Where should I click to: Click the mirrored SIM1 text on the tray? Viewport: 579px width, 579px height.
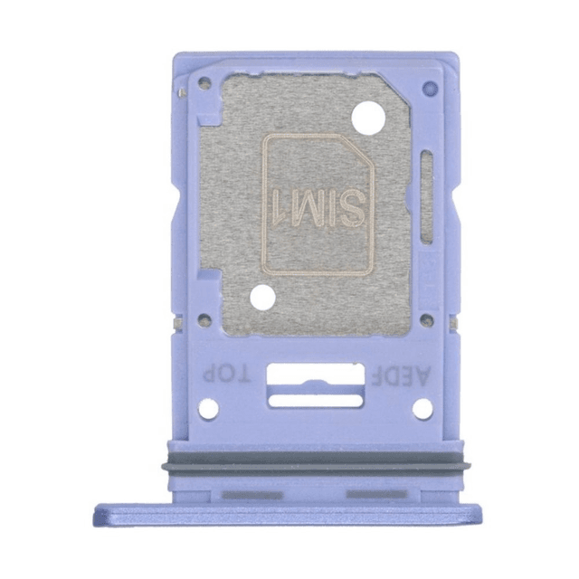[x=319, y=208]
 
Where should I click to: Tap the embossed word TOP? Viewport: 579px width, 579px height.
[x=227, y=374]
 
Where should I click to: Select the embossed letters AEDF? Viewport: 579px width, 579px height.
[x=401, y=375]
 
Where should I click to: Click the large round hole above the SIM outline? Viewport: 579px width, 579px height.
[x=368, y=119]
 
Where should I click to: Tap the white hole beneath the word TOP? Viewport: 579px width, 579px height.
[x=209, y=409]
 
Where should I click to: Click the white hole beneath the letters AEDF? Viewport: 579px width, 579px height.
[x=422, y=409]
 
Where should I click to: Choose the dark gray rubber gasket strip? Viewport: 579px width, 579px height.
[x=316, y=461]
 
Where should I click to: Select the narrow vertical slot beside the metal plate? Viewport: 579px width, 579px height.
[x=426, y=197]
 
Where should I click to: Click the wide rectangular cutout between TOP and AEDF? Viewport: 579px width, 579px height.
[x=315, y=374]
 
